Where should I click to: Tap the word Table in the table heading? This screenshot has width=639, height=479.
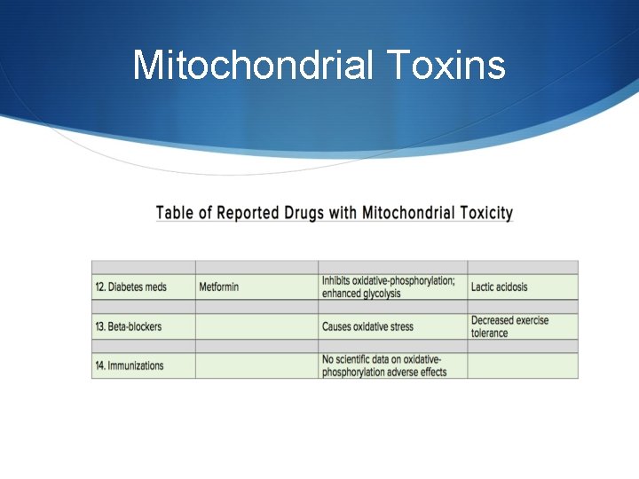[176, 213]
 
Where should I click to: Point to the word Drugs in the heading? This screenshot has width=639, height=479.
[303, 213]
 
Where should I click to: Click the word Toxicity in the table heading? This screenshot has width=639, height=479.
[480, 213]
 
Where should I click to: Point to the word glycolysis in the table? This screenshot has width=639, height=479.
[379, 294]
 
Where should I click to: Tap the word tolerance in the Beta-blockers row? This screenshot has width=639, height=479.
[490, 334]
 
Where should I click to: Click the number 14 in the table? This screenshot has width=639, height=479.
[99, 365]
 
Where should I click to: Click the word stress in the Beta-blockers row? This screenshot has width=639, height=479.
[399, 326]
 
